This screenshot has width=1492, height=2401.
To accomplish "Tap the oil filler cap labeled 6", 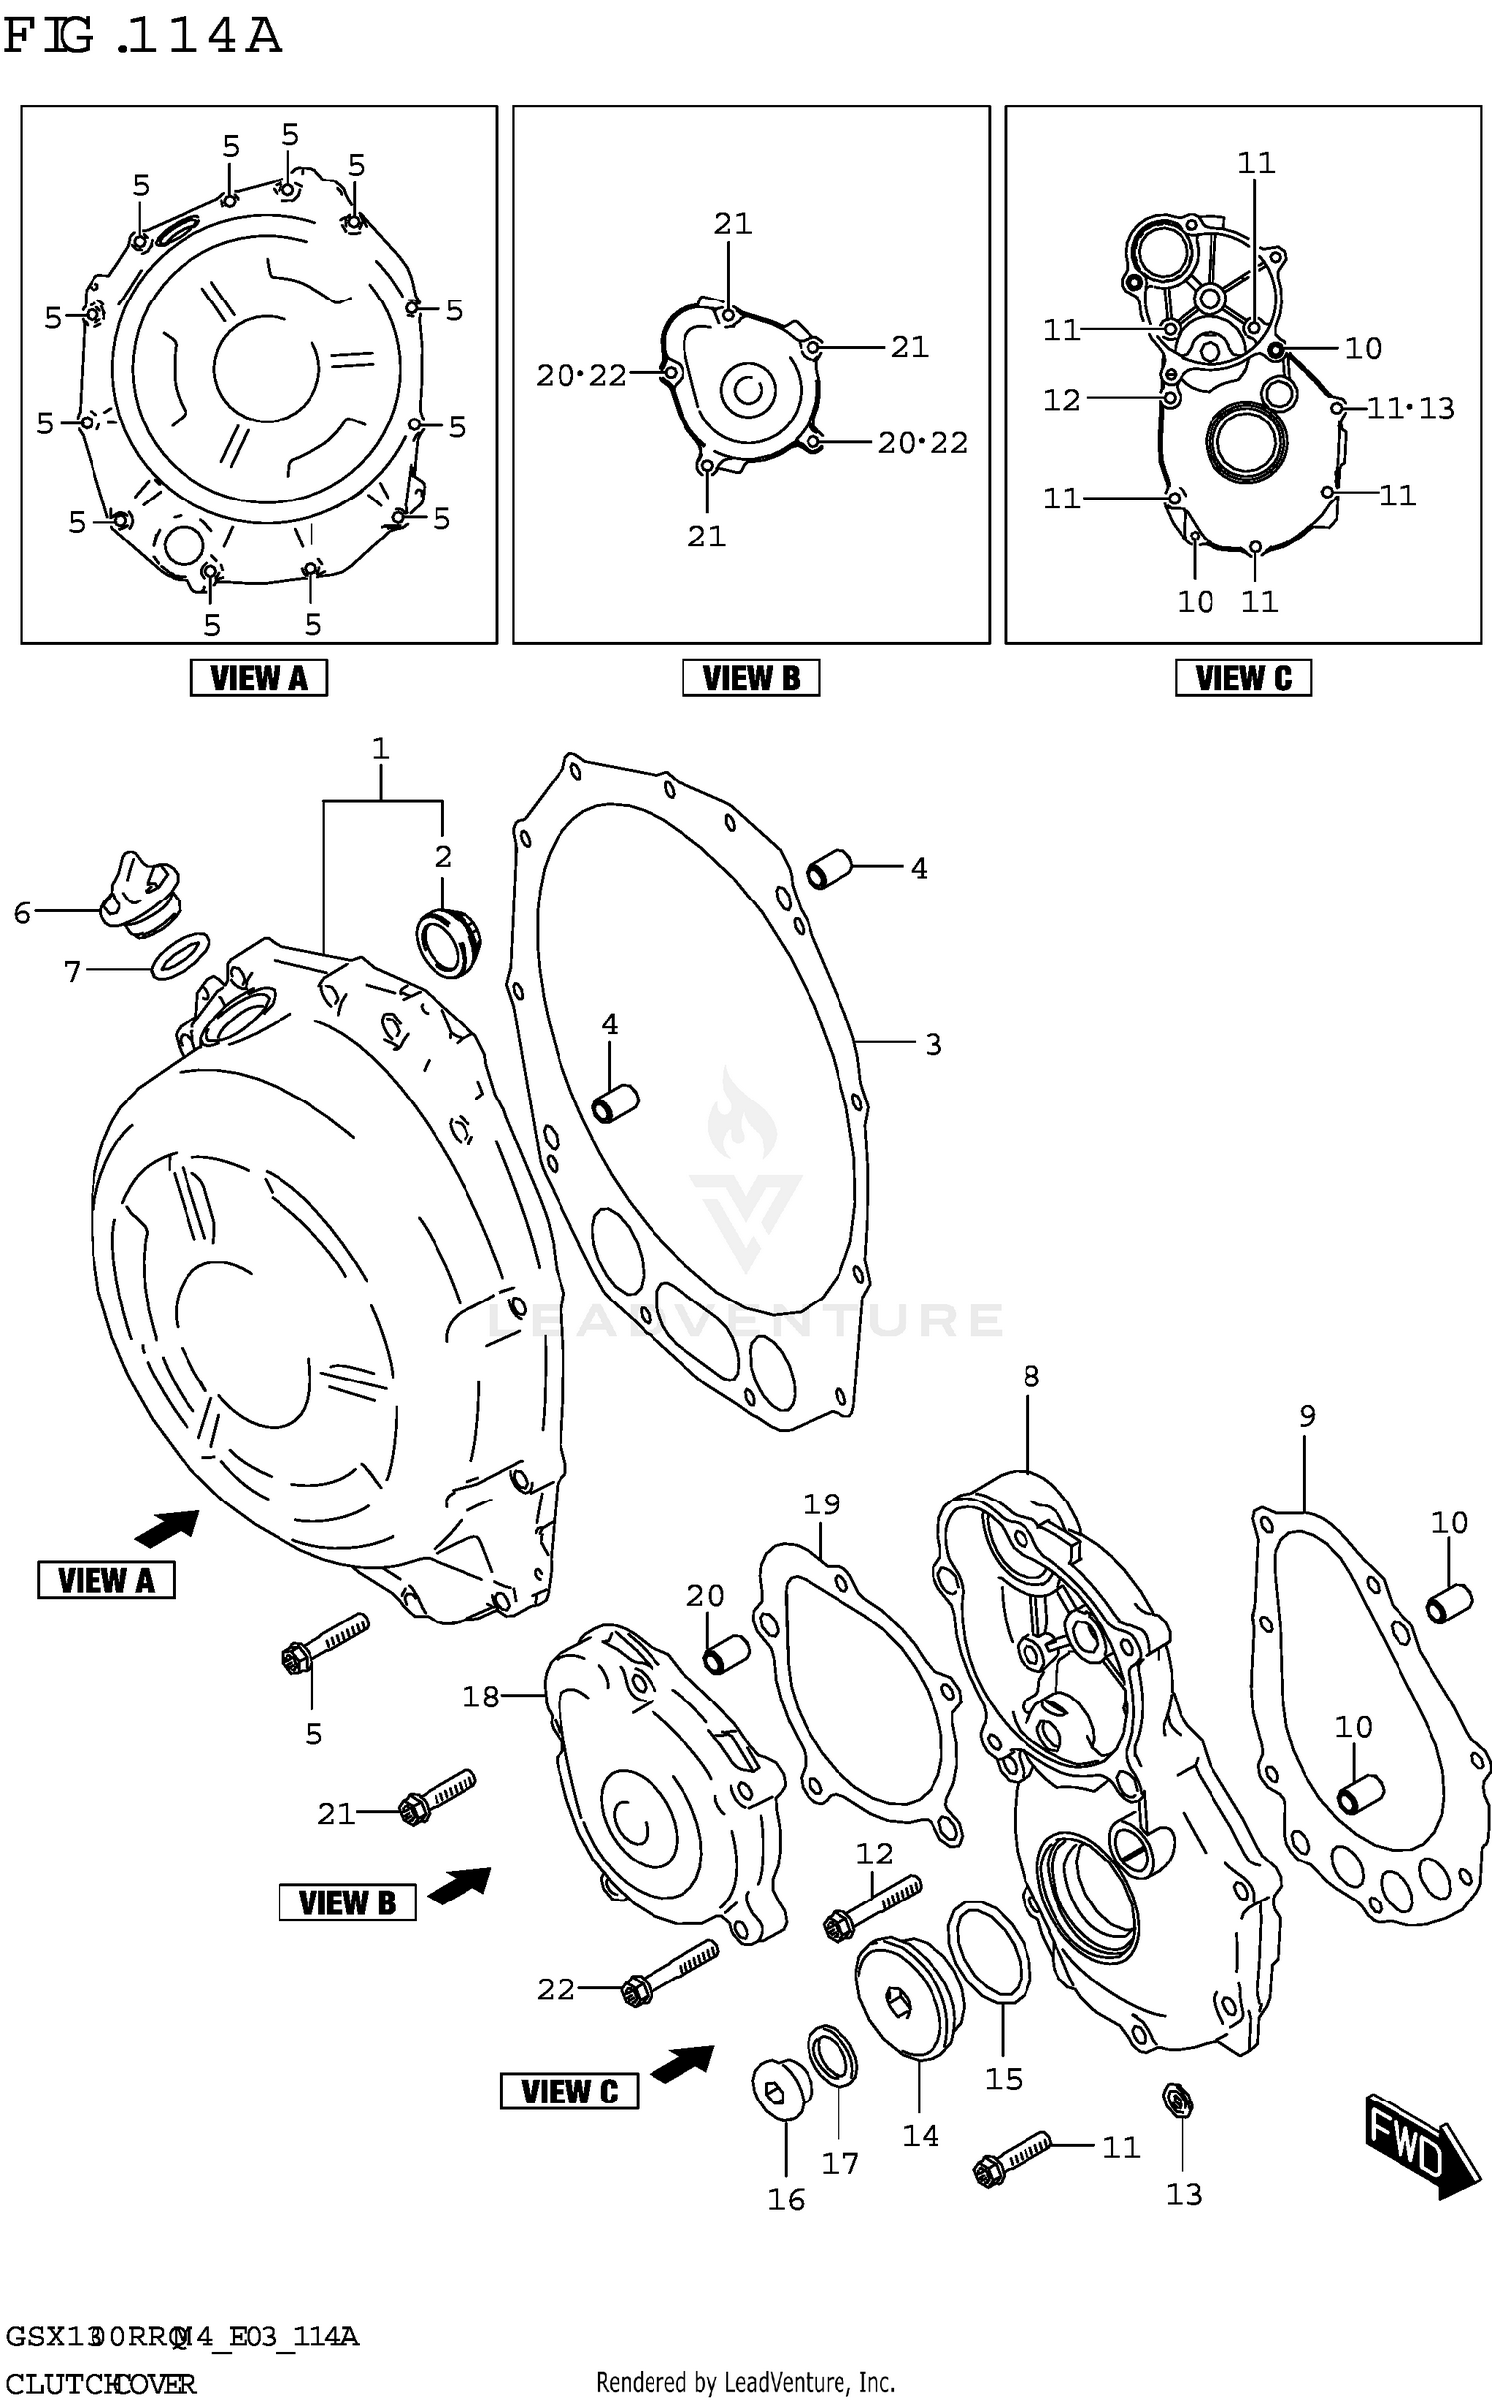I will click(140, 893).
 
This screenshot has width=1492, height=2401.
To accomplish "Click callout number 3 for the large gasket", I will click(933, 1045).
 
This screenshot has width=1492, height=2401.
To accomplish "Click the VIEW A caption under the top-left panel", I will click(259, 678).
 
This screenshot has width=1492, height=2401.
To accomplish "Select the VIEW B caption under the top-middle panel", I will click(751, 678).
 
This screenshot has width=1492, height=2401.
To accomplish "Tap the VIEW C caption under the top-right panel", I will click(1242, 678).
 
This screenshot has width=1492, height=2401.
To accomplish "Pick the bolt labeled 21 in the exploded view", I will click(438, 1794).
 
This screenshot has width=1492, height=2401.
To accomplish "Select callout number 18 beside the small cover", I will click(480, 1698).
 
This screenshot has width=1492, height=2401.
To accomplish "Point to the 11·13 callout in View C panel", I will click(1409, 408).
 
